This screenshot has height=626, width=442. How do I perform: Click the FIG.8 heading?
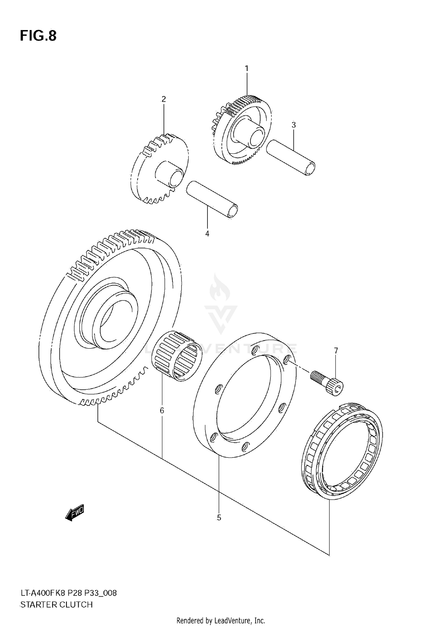38,36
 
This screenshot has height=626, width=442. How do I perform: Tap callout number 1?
247,68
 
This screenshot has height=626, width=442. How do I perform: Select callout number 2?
164,99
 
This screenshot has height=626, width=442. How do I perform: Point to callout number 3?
293,125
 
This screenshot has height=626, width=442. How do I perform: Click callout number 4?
207,234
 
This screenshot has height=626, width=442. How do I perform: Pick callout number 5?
219,518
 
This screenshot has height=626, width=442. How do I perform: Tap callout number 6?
162,410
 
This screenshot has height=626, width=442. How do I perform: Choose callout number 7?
336,351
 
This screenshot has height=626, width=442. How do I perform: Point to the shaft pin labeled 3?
291,158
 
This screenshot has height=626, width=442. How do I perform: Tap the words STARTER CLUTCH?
56,604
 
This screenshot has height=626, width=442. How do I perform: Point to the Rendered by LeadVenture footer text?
221,620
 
